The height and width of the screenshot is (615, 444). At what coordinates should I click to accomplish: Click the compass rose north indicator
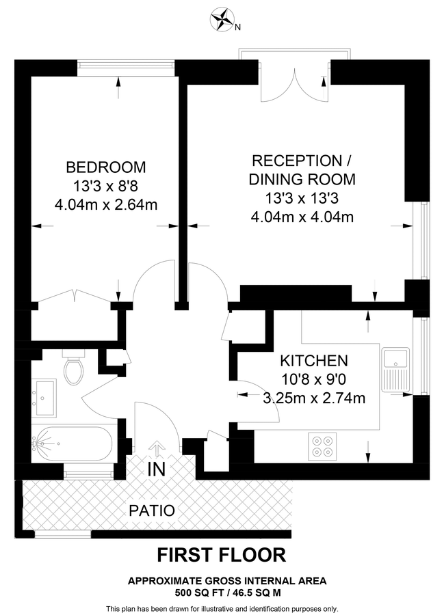[x=222, y=19]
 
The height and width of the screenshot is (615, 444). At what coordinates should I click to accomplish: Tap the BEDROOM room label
[x=106, y=167]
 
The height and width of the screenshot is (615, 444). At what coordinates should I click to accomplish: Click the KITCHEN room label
[x=314, y=361]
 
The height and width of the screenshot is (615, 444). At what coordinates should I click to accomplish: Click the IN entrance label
[x=156, y=469]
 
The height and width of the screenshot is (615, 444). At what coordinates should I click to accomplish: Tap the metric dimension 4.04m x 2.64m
[x=106, y=204]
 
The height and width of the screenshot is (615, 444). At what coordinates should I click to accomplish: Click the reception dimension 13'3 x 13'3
[x=302, y=199]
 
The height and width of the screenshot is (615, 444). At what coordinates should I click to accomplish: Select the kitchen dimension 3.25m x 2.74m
[x=314, y=398]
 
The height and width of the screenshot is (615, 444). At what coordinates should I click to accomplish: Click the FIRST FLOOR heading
[x=222, y=554]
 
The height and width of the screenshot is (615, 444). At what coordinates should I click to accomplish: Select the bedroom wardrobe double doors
[x=74, y=296]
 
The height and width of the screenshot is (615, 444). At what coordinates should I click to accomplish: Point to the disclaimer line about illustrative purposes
[x=222, y=608]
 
